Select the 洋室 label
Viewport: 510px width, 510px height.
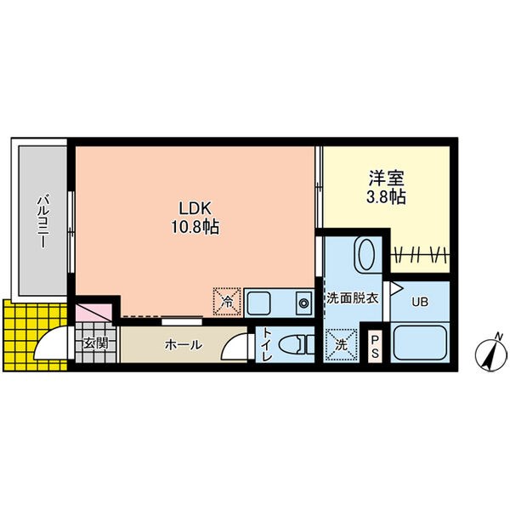tap(385, 180)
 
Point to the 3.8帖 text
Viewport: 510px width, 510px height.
tap(385, 198)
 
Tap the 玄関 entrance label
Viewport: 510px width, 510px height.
tap(95, 344)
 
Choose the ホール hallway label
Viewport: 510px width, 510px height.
tap(183, 345)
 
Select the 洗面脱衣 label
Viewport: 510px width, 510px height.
tap(352, 299)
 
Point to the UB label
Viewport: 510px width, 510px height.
tap(420, 300)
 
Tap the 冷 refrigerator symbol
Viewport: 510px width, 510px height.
tap(227, 300)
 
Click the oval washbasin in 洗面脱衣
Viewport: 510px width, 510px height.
tap(365, 255)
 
